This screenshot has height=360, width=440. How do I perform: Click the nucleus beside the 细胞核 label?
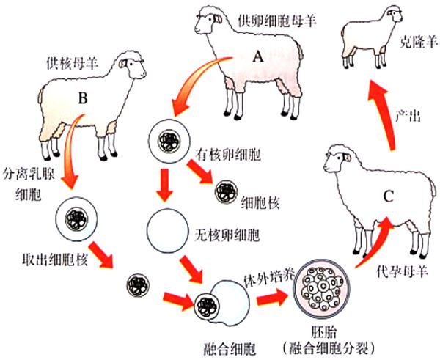pyautogui.click(x=225, y=194)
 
